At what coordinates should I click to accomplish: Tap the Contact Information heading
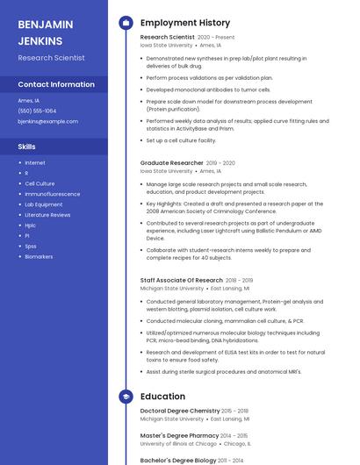point(56,84)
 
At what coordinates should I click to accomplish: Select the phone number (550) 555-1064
point(37,111)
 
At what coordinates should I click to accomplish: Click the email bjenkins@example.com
point(47,121)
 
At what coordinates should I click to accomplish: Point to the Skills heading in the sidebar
point(26,147)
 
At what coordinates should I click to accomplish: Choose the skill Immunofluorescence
point(52,193)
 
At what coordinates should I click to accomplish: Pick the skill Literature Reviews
point(47,214)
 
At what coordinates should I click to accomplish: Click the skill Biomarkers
point(39,256)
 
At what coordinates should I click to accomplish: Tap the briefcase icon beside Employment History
point(126,23)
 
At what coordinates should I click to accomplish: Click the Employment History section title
point(184,23)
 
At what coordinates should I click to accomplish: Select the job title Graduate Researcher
point(171,162)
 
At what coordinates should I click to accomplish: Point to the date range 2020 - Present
point(216,38)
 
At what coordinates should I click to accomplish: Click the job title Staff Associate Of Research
point(181,280)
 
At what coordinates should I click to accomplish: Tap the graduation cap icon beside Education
point(126,396)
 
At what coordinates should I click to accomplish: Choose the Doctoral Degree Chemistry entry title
point(180,411)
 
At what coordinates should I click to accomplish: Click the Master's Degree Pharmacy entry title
point(180,435)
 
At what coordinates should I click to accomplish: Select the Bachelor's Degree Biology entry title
point(179,460)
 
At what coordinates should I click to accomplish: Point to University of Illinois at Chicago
point(178,444)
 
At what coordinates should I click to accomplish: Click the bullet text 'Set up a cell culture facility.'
point(181,139)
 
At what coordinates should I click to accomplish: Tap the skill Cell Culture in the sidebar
point(40,183)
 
